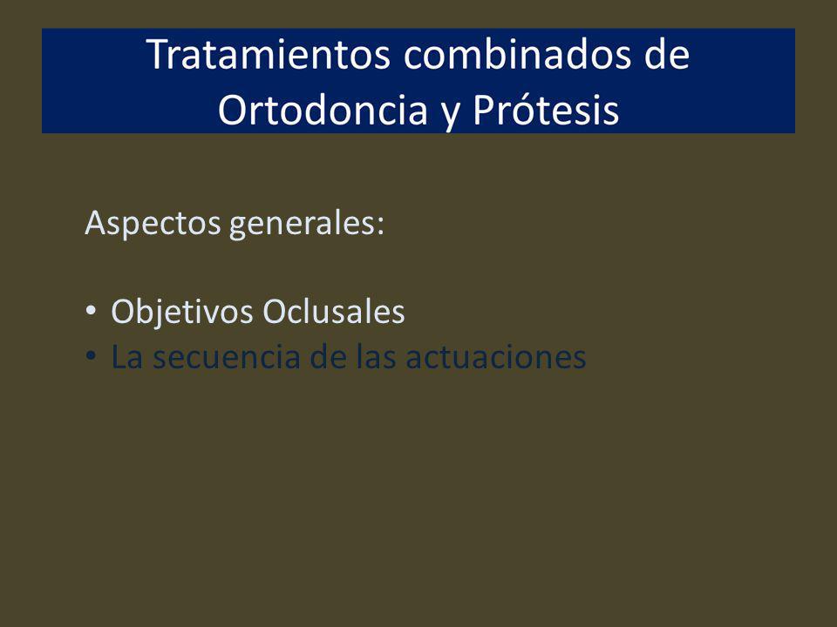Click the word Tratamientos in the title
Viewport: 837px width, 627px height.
[x=269, y=54]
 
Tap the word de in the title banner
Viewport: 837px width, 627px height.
[x=667, y=54]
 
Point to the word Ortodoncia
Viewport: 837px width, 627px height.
[x=323, y=111]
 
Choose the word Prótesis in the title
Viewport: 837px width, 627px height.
[x=546, y=111]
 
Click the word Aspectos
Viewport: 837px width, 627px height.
[x=153, y=224]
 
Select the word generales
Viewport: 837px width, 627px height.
[x=301, y=224]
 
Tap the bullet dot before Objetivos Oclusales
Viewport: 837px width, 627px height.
[x=91, y=310]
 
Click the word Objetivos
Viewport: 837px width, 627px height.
[x=182, y=312]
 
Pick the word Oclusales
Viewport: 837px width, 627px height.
[x=334, y=312]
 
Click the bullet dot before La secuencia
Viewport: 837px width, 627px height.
[x=91, y=355]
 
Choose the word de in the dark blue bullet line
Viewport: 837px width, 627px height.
[x=327, y=356]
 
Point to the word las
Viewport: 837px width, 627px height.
[x=376, y=356]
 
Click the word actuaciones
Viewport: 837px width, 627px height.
[x=496, y=357]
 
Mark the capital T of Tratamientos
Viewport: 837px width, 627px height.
[x=158, y=54]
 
